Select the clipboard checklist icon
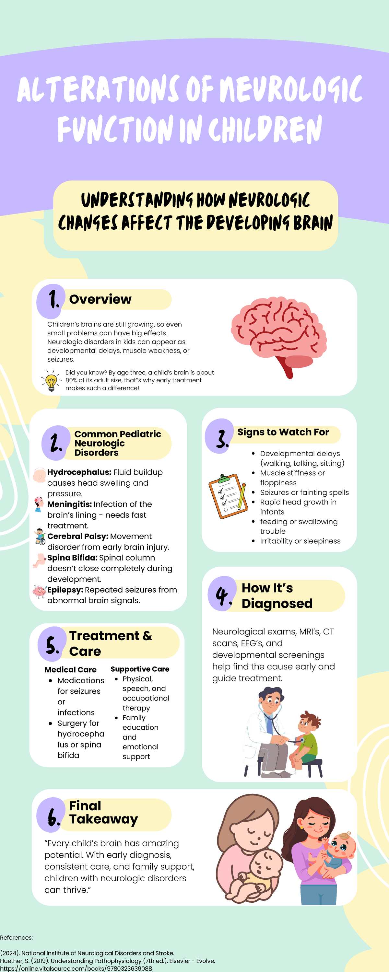point(228,496)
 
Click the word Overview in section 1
point(100,299)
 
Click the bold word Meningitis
point(69,504)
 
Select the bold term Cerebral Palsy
point(78,536)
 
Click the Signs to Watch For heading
point(283,432)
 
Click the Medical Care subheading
point(71,670)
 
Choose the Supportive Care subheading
point(140,669)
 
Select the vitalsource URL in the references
point(76,968)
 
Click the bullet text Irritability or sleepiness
point(300,541)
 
